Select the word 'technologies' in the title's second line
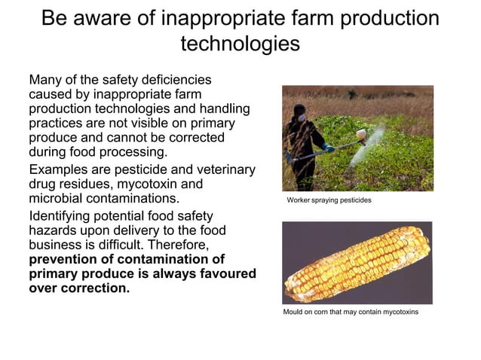[x=240, y=44]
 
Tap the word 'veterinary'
[x=219, y=169]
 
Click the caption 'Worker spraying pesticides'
[x=329, y=202]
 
